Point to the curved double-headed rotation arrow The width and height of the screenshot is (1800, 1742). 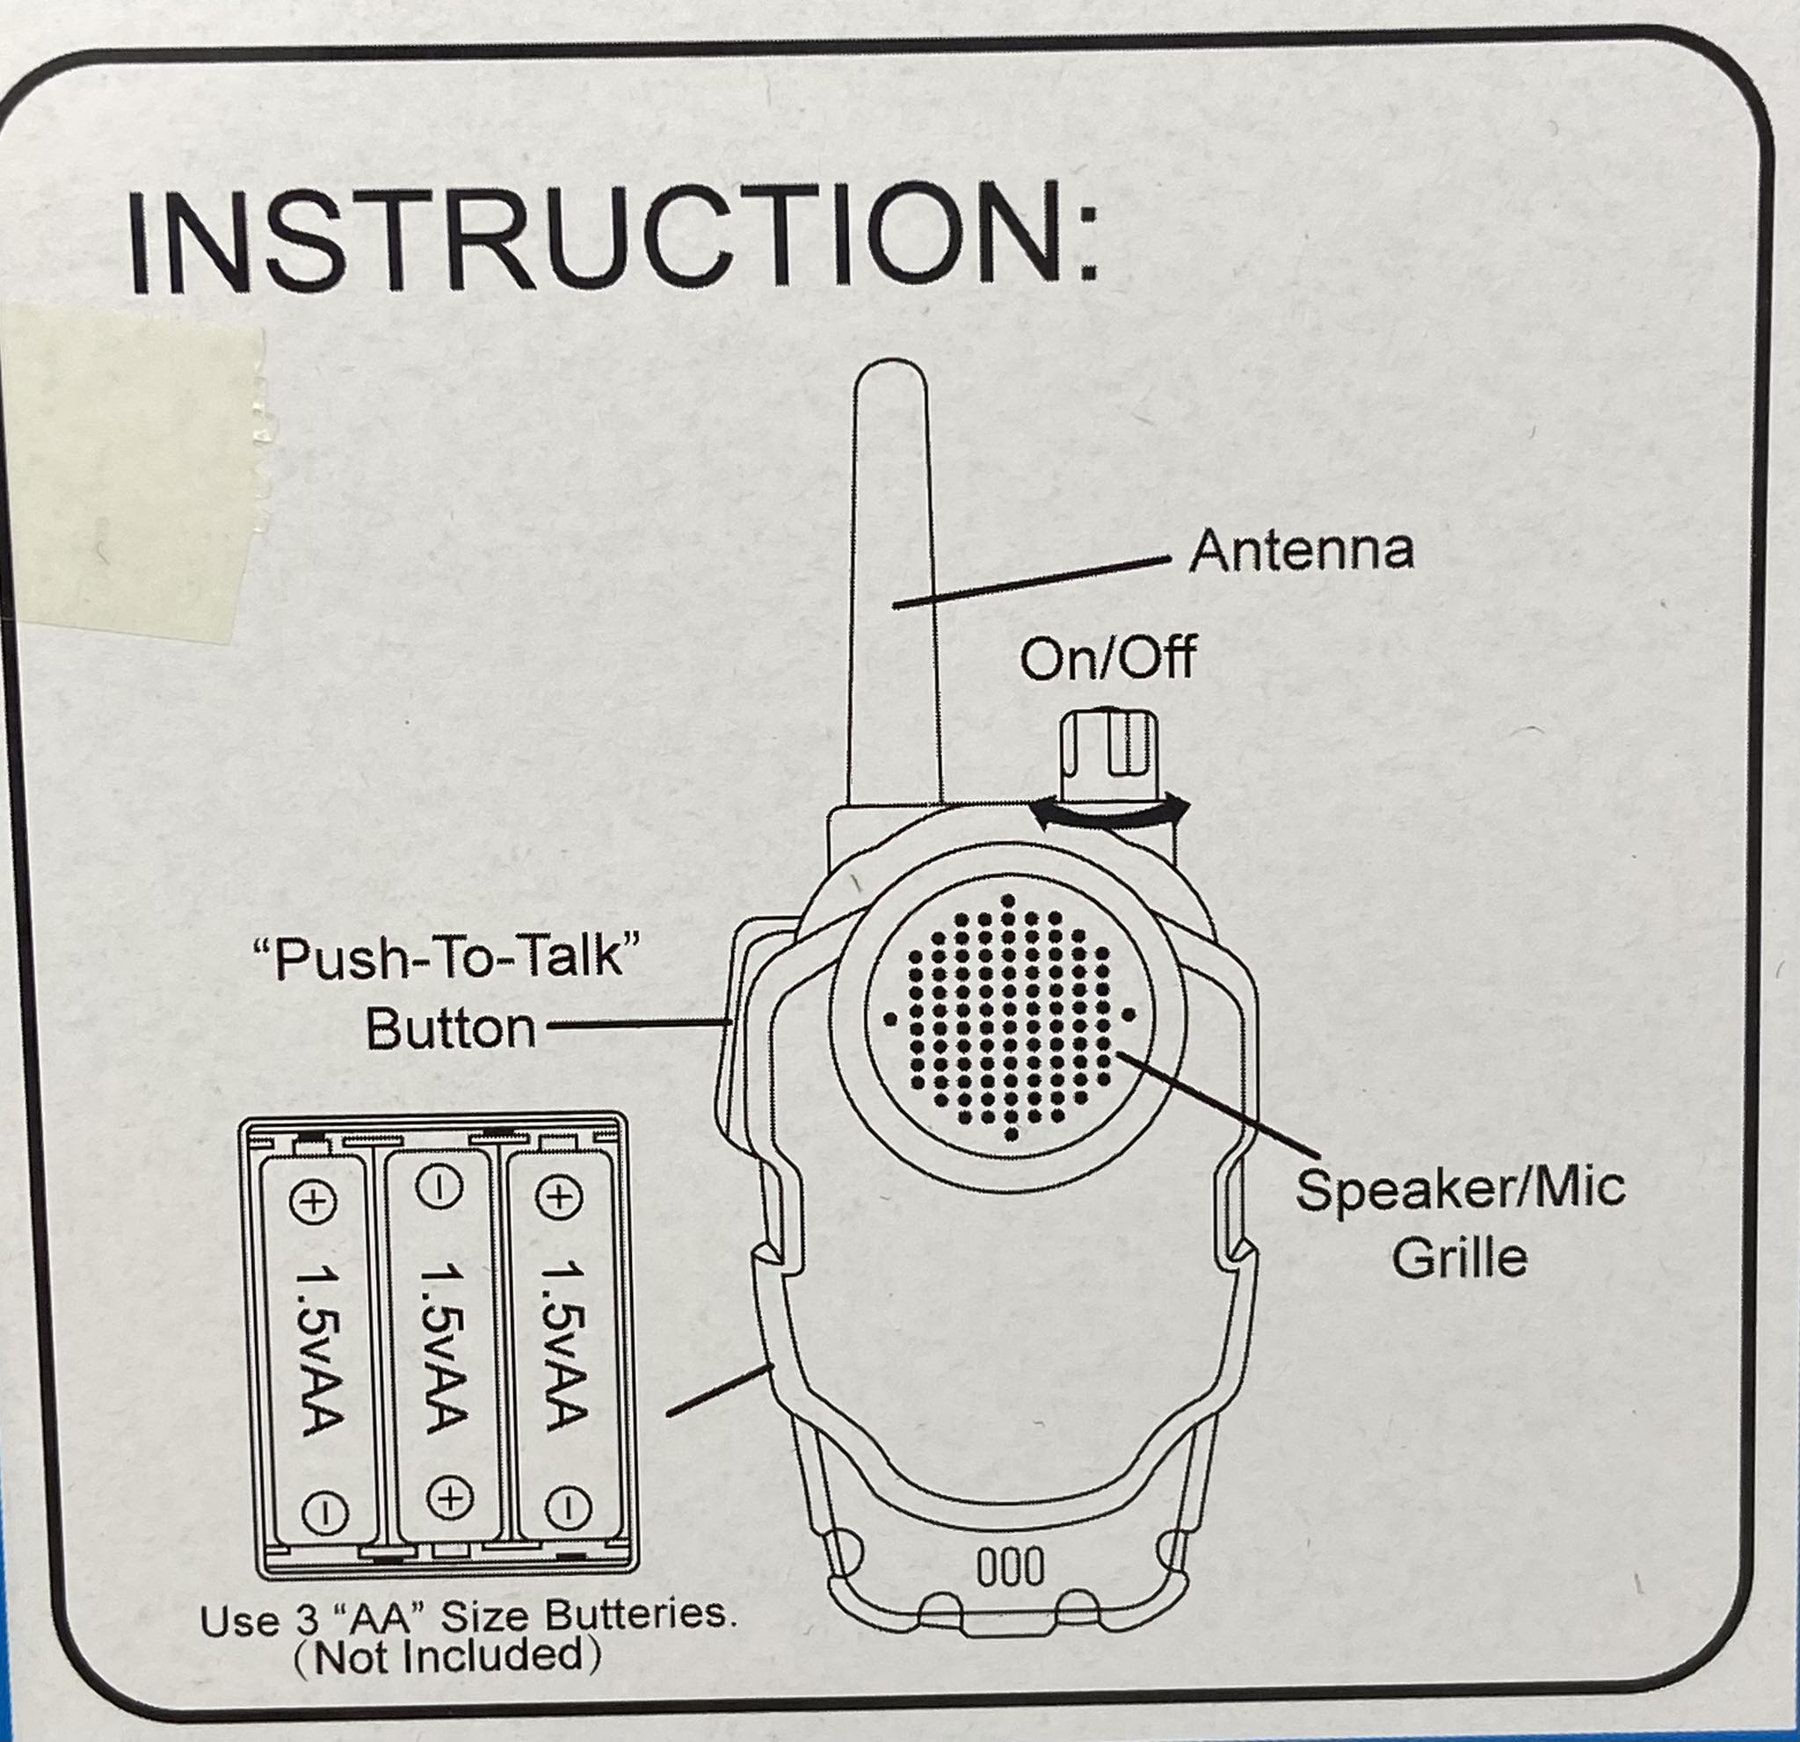1109,813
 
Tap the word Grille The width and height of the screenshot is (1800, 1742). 1458,1257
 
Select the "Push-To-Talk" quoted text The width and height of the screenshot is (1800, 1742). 445,959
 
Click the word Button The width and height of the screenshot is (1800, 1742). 450,1029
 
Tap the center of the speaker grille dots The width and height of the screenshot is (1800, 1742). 1009,1018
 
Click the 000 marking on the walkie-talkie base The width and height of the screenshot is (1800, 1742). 1009,1566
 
